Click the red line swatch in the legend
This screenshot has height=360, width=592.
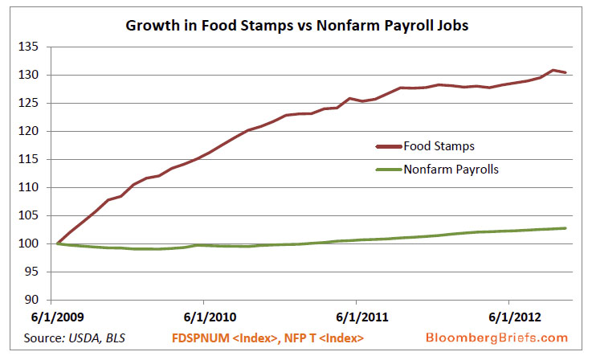point(391,146)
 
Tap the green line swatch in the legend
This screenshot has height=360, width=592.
point(391,170)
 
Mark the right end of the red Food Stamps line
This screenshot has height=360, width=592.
point(565,72)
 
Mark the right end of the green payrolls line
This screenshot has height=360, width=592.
point(565,228)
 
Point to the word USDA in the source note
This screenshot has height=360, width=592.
point(89,337)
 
